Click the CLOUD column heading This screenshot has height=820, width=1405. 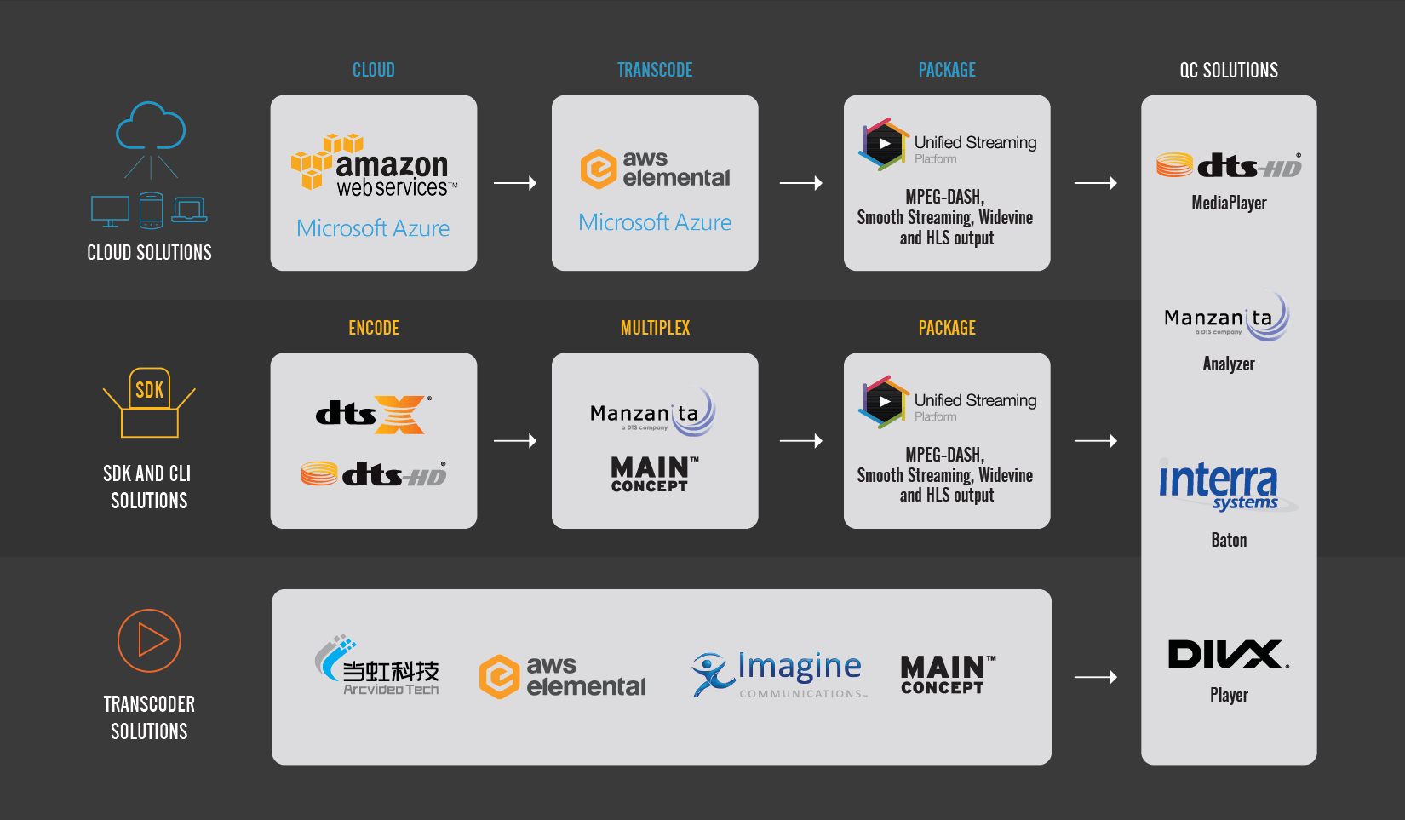click(x=374, y=70)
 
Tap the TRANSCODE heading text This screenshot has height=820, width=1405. click(x=655, y=70)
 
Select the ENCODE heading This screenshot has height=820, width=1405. click(x=374, y=328)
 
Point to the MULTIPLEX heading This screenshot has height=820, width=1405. click(x=655, y=328)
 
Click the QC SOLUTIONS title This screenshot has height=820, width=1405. click(x=1229, y=71)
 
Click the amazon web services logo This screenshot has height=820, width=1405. click(x=374, y=165)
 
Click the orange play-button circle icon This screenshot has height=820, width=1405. click(x=149, y=640)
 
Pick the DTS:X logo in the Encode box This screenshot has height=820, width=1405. click(x=374, y=414)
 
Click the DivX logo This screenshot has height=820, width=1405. click(x=1228, y=655)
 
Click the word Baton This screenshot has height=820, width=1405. click(x=1229, y=540)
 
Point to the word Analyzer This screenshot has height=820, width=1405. click(x=1229, y=364)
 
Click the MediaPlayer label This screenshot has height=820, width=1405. click(x=1229, y=203)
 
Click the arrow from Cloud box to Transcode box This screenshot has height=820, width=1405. click(x=515, y=183)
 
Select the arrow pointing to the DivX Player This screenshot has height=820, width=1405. click(x=1096, y=677)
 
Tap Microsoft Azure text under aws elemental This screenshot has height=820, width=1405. click(x=655, y=222)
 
